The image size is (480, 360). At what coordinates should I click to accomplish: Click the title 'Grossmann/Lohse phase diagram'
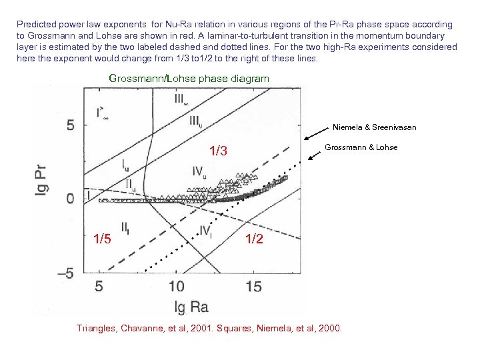point(189,79)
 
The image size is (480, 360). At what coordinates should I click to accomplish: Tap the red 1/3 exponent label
point(219,152)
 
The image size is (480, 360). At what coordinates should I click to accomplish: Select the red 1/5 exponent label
point(102,239)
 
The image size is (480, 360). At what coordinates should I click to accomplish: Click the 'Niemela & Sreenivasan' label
point(374,127)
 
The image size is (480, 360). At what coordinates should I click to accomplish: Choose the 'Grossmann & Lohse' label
point(361,147)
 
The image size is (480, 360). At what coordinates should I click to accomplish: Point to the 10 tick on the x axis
point(176,286)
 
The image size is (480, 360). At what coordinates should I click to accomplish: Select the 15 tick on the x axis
point(253,286)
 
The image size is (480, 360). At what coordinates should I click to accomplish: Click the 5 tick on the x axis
point(99,286)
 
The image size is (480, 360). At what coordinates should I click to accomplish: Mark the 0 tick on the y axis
point(69,199)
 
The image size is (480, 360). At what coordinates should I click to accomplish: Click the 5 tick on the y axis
point(69,125)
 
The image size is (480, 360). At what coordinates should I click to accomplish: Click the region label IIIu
point(195,121)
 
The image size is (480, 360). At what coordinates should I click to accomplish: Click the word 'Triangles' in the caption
point(97,328)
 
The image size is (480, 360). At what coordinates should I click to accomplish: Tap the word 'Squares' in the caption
point(247,328)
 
